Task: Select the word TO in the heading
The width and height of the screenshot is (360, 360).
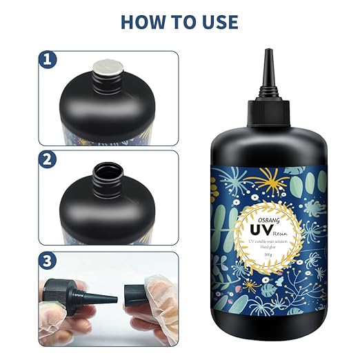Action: pos(181,21)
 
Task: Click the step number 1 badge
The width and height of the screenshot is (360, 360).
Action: pos(48,60)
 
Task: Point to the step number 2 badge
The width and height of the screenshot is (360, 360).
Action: pos(48,160)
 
